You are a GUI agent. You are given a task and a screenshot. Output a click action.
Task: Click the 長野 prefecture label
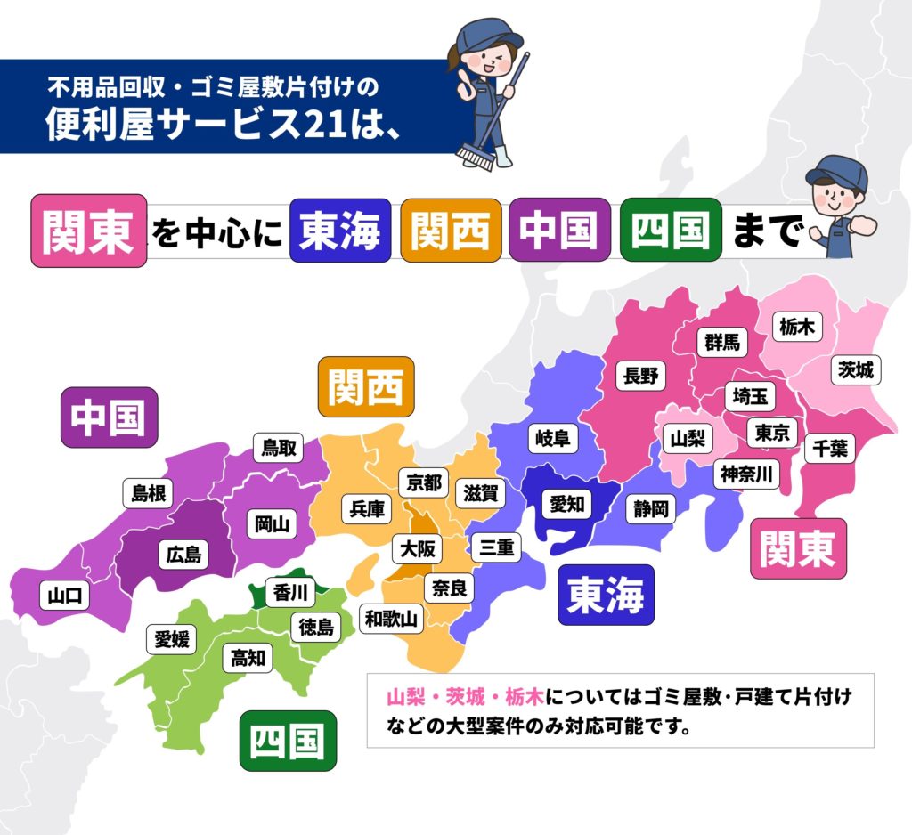(641, 376)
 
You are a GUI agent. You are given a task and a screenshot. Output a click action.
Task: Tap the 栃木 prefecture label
(795, 327)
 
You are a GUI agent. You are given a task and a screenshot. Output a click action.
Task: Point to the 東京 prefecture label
(771, 434)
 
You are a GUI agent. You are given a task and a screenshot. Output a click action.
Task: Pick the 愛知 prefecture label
(566, 505)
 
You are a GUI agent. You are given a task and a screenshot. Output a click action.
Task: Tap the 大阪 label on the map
(418, 548)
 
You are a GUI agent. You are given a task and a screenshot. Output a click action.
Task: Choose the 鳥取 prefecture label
(279, 447)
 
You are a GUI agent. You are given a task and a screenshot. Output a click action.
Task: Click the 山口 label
(65, 596)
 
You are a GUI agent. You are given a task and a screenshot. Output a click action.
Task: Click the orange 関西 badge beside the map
(365, 387)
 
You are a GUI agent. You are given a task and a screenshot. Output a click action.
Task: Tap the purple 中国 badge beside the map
(109, 417)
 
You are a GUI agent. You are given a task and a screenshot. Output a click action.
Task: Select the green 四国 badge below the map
(288, 740)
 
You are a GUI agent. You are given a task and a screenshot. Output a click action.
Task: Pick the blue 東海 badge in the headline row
(340, 231)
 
